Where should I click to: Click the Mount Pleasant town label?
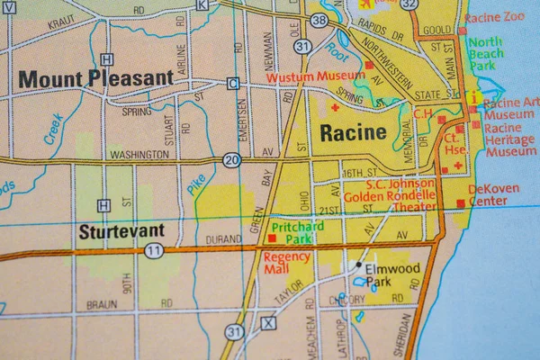coord(95,79)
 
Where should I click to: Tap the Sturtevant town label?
coord(116,231)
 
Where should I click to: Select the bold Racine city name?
coord(353,133)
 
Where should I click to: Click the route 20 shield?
coord(231,161)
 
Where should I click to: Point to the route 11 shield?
coord(154,250)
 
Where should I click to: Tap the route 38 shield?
coord(319,19)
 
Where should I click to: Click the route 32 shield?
coord(409,4)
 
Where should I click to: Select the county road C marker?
coord(233,84)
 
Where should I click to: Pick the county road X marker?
coord(267,323)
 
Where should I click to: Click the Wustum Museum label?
coord(315,77)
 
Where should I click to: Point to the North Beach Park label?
coord(486,54)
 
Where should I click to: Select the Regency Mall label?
coord(287,264)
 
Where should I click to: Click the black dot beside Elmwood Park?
coord(358,265)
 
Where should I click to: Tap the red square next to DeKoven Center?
coord(461,203)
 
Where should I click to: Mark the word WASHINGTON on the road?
coord(139,155)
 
